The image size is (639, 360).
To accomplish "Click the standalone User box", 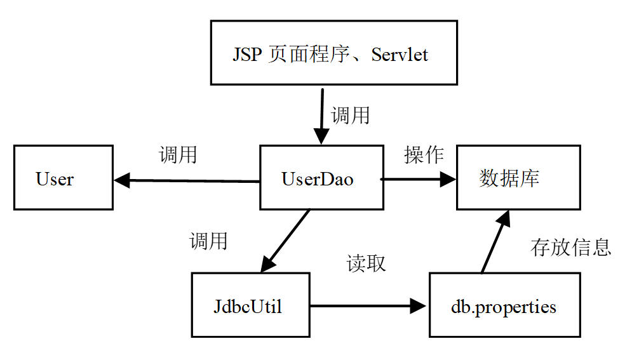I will click(64, 178).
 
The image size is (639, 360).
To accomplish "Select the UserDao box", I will click(321, 178).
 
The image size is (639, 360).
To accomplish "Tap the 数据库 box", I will click(518, 178).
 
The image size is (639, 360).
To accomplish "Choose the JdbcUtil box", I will click(250, 305).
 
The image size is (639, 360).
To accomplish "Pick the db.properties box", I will click(504, 305).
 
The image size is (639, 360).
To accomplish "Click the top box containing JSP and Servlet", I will click(333, 53).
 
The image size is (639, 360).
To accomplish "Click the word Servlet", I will click(400, 55).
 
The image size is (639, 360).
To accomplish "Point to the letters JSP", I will click(247, 55).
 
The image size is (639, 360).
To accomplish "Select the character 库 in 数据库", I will click(530, 178).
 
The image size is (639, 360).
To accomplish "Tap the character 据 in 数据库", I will click(509, 178).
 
